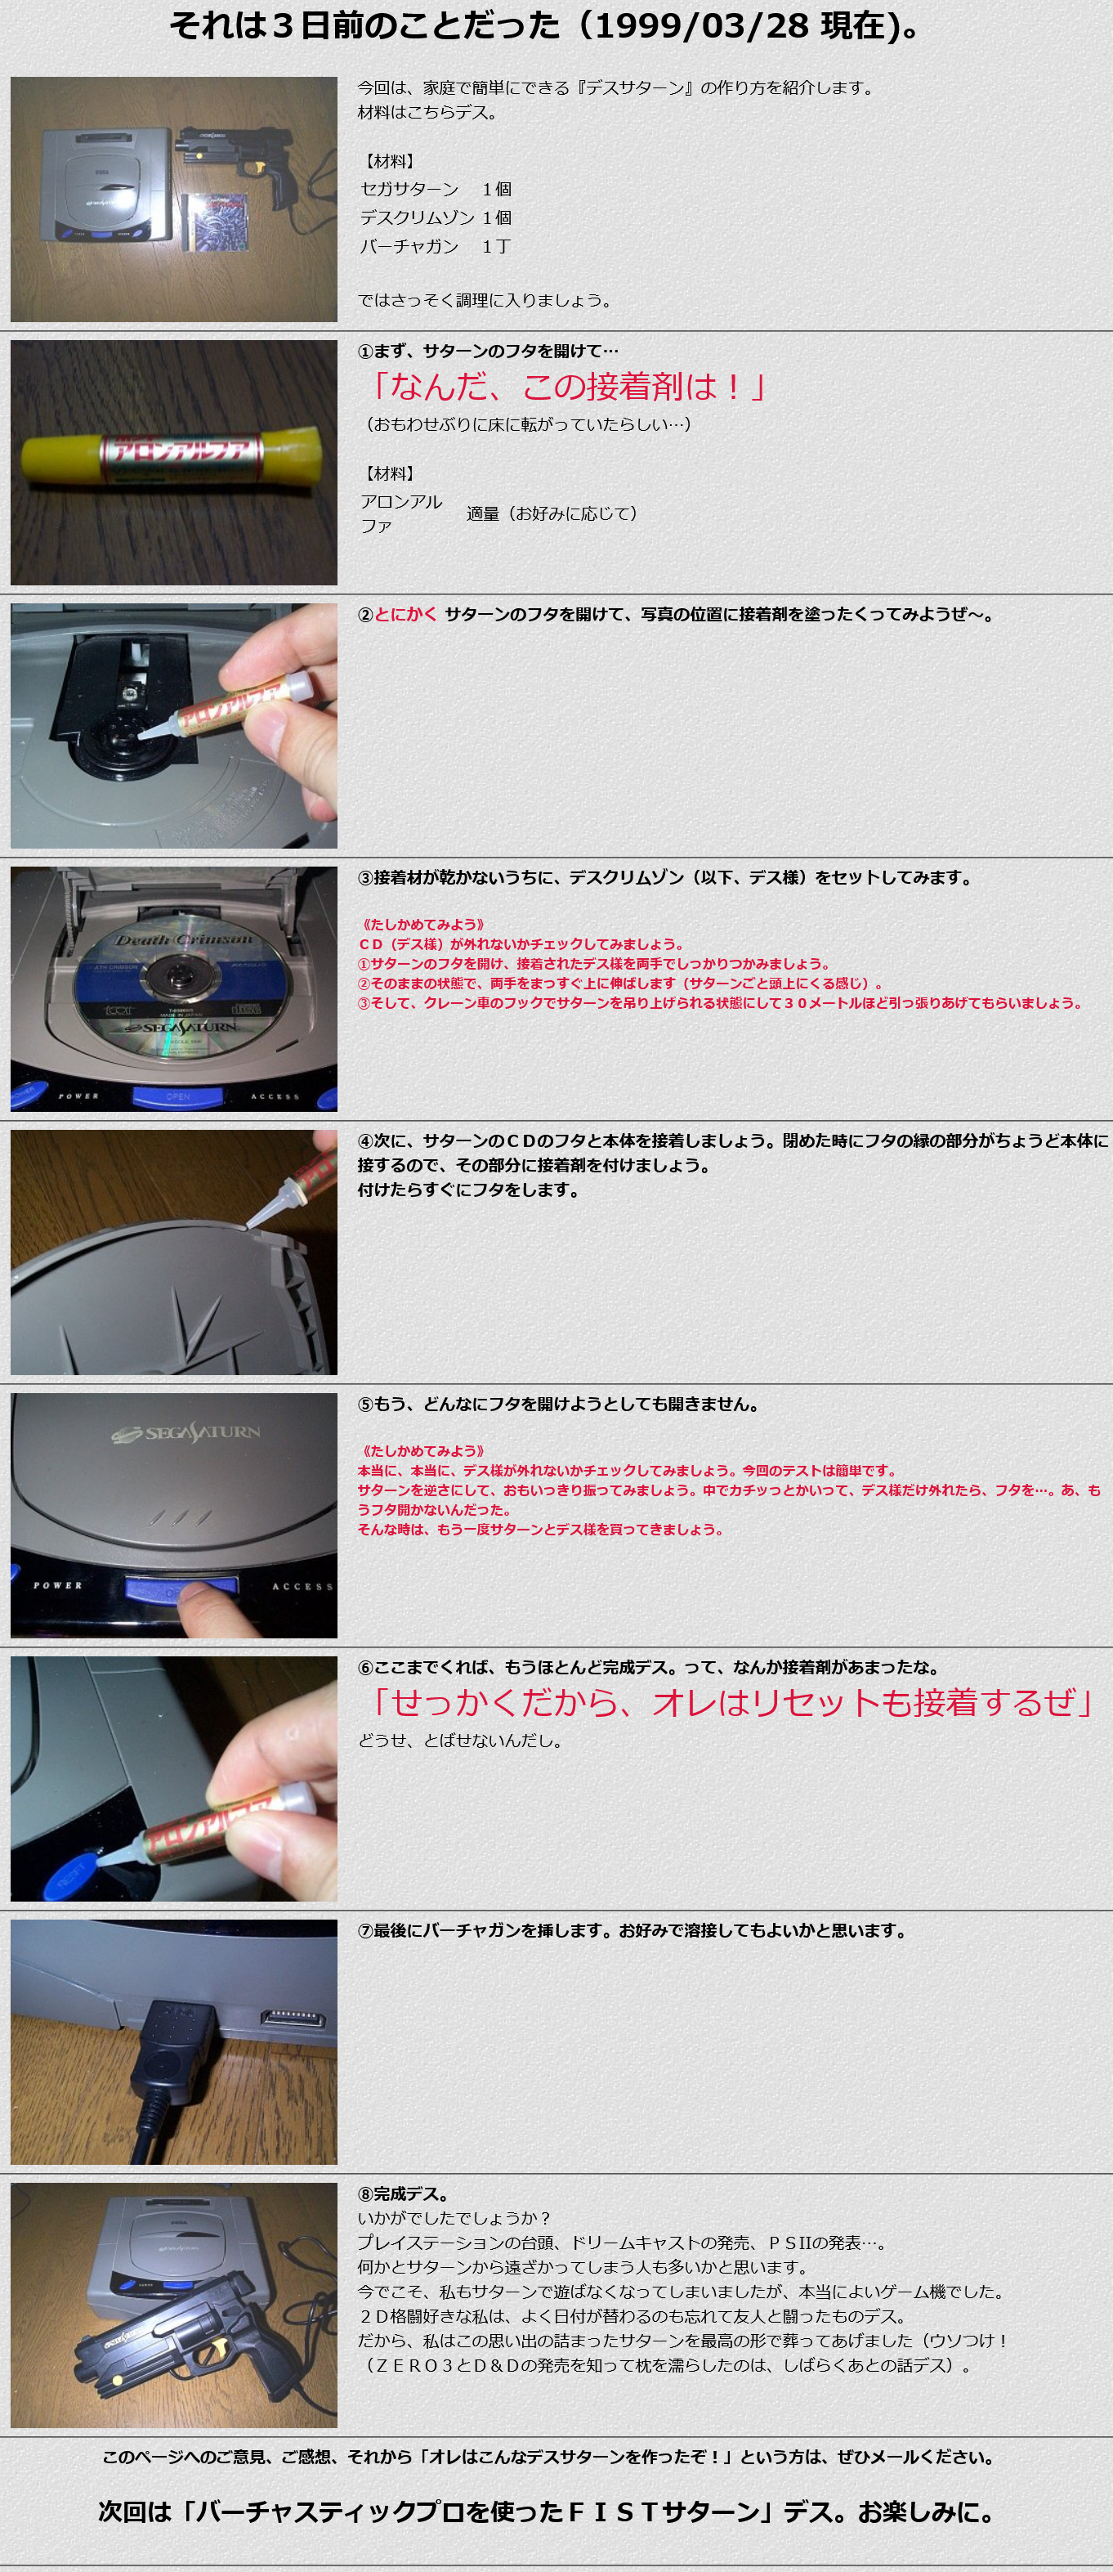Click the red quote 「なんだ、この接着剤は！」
click(x=566, y=387)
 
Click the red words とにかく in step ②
click(x=405, y=614)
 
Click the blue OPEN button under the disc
click(x=177, y=1096)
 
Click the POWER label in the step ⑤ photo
click(x=58, y=1585)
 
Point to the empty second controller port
click(x=293, y=2018)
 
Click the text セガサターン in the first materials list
click(x=409, y=190)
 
